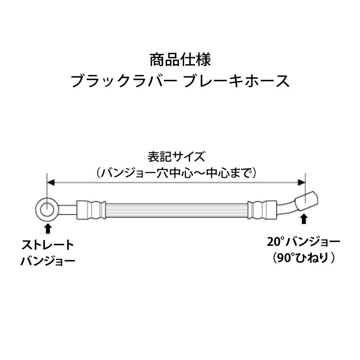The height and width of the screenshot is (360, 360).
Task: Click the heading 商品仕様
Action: (x=180, y=60)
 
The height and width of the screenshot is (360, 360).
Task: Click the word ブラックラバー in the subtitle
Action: (x=124, y=81)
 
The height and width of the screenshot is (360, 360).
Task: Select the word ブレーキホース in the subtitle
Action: (x=237, y=81)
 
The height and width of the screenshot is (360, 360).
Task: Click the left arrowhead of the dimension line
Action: (x=51, y=183)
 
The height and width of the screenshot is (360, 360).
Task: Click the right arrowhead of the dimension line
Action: (x=301, y=183)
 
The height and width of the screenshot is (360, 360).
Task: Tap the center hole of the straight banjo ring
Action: (x=47, y=210)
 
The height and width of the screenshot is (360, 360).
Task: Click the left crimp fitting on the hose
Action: (x=91, y=210)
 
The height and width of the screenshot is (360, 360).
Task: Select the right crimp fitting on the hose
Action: (x=262, y=210)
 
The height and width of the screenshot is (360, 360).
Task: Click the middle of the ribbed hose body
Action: (x=176, y=210)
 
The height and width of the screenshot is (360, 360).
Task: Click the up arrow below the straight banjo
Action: (x=48, y=229)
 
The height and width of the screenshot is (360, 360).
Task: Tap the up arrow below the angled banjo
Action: (x=304, y=219)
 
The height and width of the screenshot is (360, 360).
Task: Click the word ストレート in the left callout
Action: (x=48, y=245)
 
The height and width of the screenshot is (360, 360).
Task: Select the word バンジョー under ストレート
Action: (x=48, y=261)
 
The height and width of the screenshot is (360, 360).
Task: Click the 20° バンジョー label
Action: (x=303, y=242)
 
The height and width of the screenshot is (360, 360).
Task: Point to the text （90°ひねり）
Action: (x=303, y=258)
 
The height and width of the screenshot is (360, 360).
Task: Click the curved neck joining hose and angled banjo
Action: (x=287, y=208)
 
